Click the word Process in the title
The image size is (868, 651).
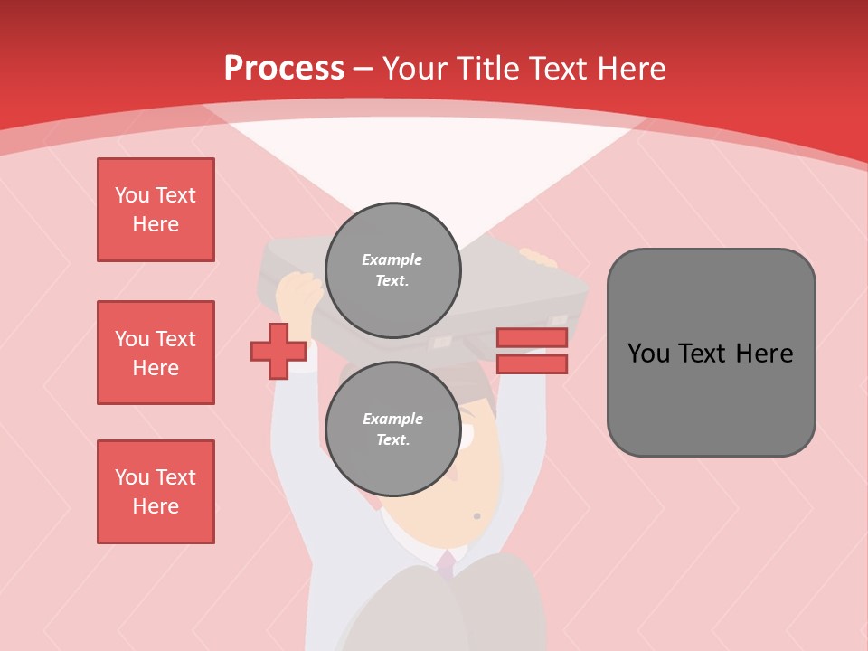pyautogui.click(x=284, y=69)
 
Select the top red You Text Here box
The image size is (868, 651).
pyautogui.click(x=156, y=210)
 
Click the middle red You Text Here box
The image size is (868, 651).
pyautogui.click(x=156, y=353)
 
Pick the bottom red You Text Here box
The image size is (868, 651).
pyautogui.click(x=156, y=492)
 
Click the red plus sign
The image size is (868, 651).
pyautogui.click(x=278, y=352)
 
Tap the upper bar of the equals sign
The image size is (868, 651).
pyautogui.click(x=532, y=338)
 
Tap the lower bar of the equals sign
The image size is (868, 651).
pyautogui.click(x=532, y=364)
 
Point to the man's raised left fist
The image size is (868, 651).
pyautogui.click(x=298, y=293)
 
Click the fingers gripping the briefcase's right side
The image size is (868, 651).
pyautogui.click(x=540, y=259)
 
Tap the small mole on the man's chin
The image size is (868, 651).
pyautogui.click(x=476, y=516)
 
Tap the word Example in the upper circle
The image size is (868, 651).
pyautogui.click(x=392, y=259)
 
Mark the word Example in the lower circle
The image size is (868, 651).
pyautogui.click(x=392, y=419)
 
